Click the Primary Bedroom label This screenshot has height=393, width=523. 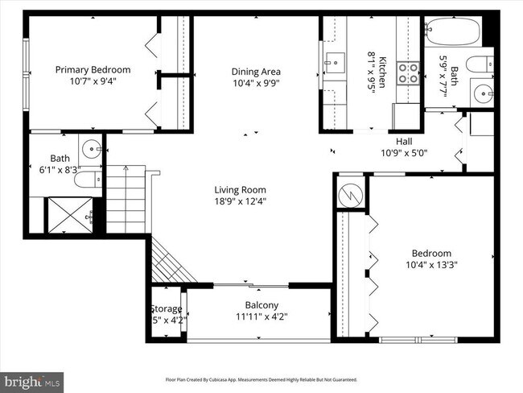coord(93,69)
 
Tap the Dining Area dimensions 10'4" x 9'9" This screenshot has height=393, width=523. coord(256,83)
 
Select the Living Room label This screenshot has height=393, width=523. coord(240,190)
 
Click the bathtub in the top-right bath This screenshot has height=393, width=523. coord(452,31)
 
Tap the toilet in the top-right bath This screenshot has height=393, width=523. coord(480,64)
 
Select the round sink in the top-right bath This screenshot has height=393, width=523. coord(483,92)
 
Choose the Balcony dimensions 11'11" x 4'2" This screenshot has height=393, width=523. coord(261,316)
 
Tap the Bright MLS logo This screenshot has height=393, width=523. coord(32,379)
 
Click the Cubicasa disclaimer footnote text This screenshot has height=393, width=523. coord(261,379)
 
